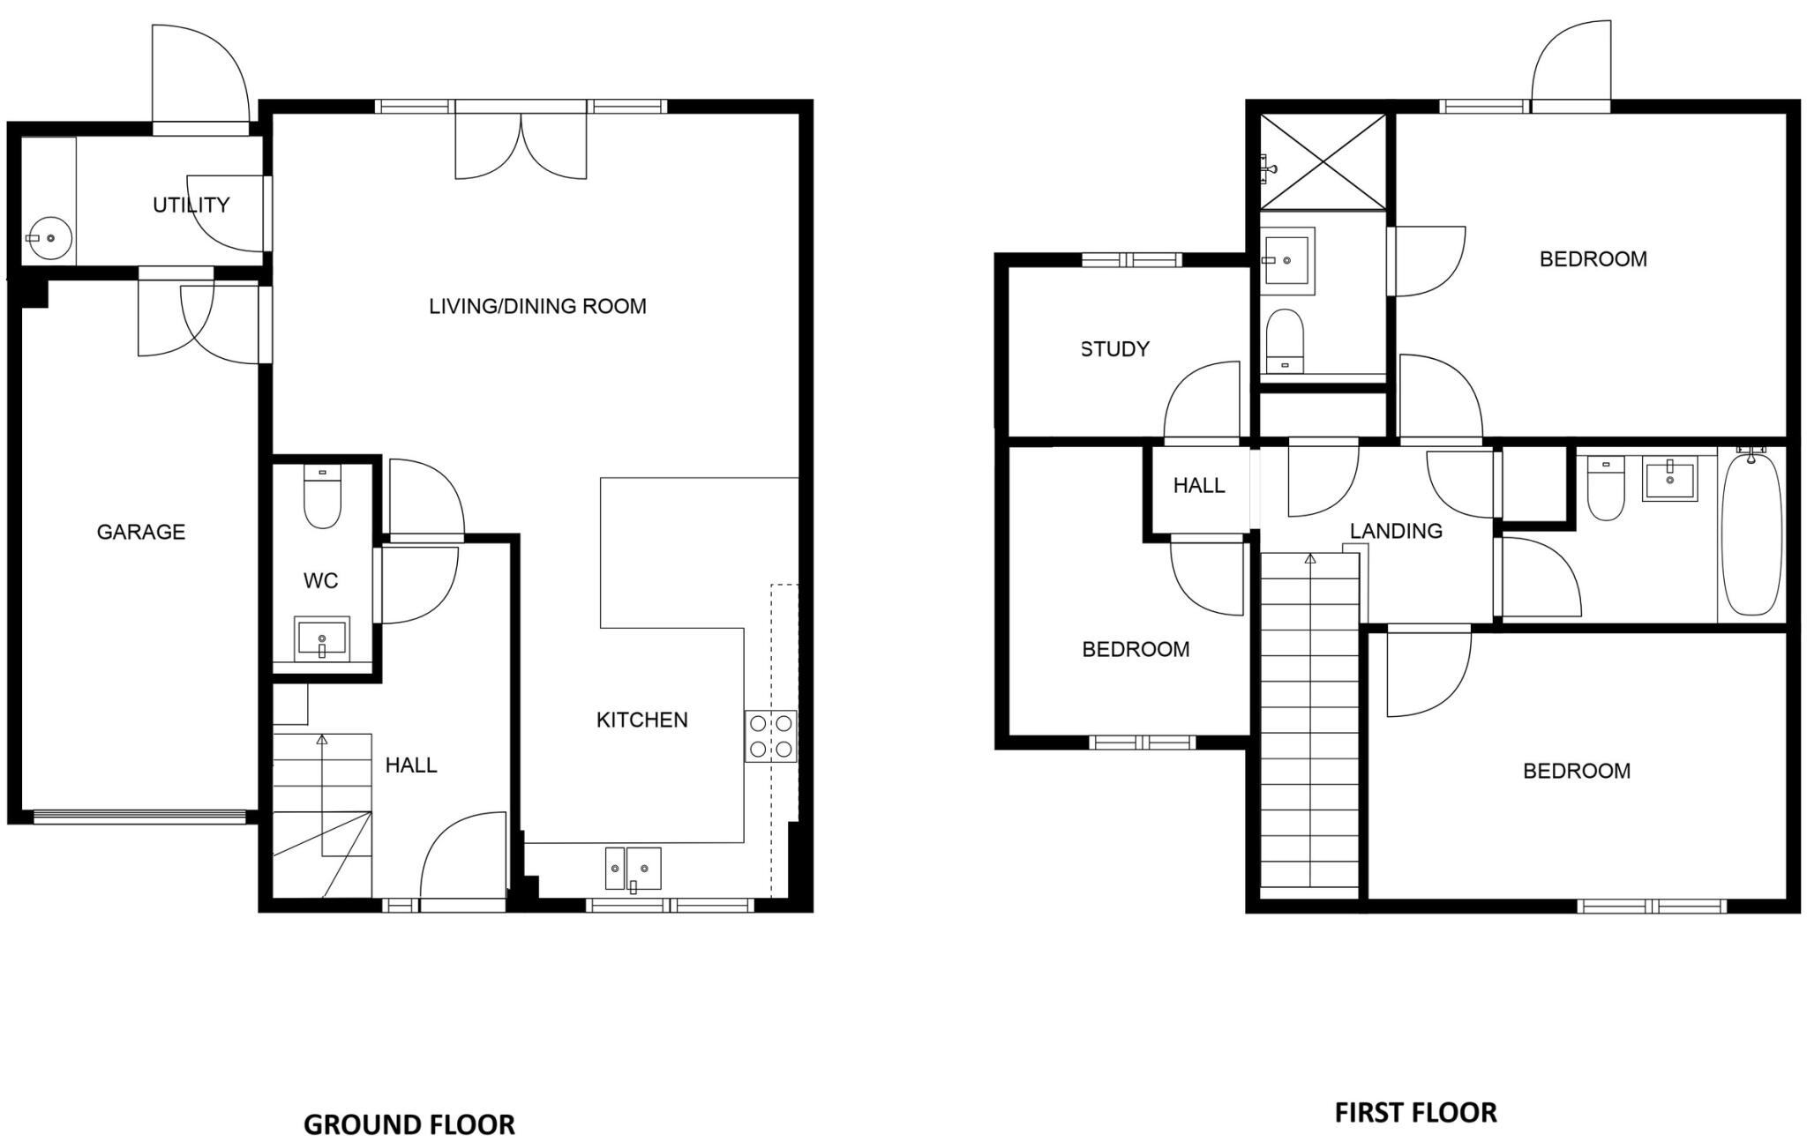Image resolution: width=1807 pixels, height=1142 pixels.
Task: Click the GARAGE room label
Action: point(140,532)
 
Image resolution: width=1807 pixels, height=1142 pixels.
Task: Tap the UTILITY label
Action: point(191,205)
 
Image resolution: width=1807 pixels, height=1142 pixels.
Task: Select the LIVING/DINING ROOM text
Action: point(537,307)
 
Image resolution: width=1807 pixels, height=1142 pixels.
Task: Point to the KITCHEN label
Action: point(641,720)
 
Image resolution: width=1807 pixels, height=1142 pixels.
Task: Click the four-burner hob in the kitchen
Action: point(771,736)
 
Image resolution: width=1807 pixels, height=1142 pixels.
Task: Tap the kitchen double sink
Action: point(634,869)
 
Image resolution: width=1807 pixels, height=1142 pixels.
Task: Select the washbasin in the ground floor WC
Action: point(321,637)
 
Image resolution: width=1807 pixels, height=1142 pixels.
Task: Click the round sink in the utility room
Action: point(49,238)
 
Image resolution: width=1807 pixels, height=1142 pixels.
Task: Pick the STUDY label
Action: point(1115,349)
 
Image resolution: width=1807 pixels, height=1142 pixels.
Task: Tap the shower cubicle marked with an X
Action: point(1323,162)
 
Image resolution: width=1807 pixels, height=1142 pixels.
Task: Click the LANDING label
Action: point(1396,531)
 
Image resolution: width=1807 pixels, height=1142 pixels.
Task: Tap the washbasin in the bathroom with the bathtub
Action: point(1669,481)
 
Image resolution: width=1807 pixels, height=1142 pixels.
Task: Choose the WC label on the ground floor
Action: point(321,581)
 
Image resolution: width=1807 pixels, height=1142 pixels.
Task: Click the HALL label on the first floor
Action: point(1198,486)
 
